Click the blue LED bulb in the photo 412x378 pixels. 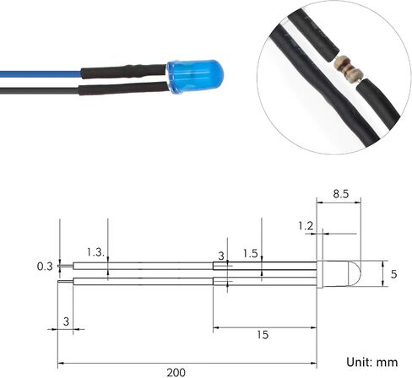click(x=195, y=77)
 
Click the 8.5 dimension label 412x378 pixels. click(x=340, y=194)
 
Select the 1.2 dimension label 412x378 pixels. click(x=306, y=226)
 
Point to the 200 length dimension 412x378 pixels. click(x=176, y=372)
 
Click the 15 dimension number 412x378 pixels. click(x=263, y=335)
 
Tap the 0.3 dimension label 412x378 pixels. click(x=45, y=266)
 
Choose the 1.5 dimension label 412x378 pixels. click(x=250, y=254)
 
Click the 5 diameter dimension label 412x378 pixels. click(x=393, y=274)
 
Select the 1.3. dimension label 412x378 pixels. click(x=95, y=252)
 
